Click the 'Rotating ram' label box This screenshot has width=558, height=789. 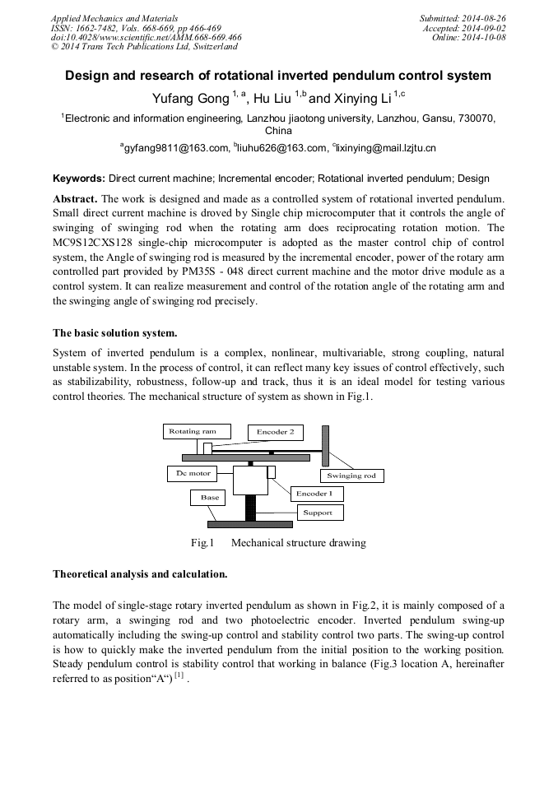coord(192,431)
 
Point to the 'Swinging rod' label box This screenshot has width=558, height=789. coord(351,476)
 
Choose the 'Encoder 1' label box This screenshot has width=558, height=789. coord(314,494)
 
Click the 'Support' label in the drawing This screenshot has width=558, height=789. coord(317,513)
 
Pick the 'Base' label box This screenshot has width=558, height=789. coord(210,498)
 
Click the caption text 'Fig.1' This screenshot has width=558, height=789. coord(202,543)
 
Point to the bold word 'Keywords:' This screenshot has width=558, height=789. coord(79,179)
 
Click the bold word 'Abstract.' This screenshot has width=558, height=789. coord(76,199)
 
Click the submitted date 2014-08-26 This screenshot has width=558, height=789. coord(484,18)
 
